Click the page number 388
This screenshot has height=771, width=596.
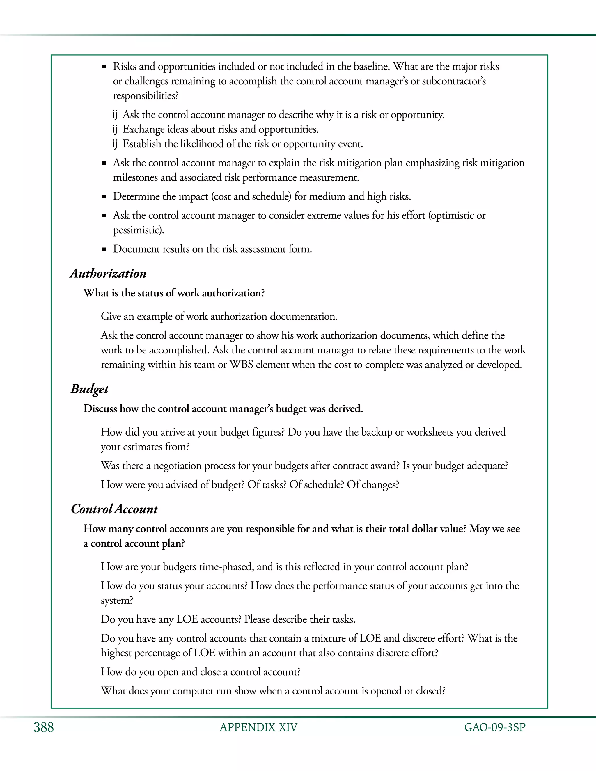tap(43, 727)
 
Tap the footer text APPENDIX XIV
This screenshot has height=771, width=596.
tap(258, 727)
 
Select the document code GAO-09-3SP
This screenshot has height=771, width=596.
tap(495, 727)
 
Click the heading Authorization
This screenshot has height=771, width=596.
tap(108, 273)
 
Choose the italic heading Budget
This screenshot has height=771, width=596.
tap(89, 389)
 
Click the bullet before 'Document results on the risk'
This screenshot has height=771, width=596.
tap(104, 249)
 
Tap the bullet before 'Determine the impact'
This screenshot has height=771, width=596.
tap(104, 197)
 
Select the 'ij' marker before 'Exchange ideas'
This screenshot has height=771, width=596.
tap(114, 129)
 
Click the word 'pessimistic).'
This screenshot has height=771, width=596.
tap(139, 230)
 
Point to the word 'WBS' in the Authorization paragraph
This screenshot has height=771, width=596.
tap(241, 364)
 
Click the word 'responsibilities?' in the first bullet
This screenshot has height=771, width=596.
tap(146, 96)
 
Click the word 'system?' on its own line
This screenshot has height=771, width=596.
tap(117, 600)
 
